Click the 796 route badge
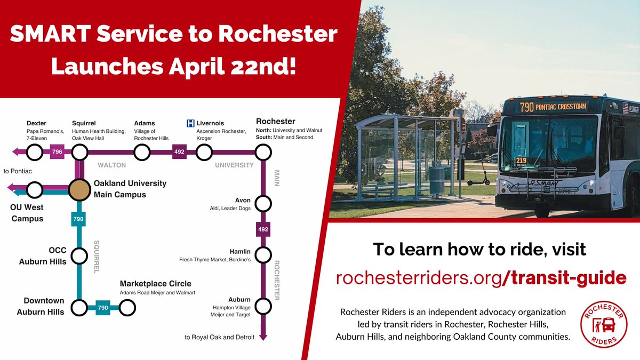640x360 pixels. tap(57, 153)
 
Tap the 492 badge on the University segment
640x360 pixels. tap(179, 153)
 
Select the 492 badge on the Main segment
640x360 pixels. tap(263, 230)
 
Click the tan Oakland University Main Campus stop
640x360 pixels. tap(79, 189)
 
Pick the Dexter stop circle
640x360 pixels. tap(34, 153)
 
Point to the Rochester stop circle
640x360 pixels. tap(263, 153)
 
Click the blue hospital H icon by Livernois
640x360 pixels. tap(190, 124)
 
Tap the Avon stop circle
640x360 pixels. tap(263, 204)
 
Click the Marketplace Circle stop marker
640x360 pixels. tap(127, 308)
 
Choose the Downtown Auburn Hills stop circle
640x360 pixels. tap(79, 308)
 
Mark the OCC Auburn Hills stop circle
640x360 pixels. tap(79, 256)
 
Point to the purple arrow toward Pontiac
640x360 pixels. tap(17, 153)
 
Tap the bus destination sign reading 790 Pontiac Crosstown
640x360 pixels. tap(554, 107)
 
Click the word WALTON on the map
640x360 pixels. tap(111, 165)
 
